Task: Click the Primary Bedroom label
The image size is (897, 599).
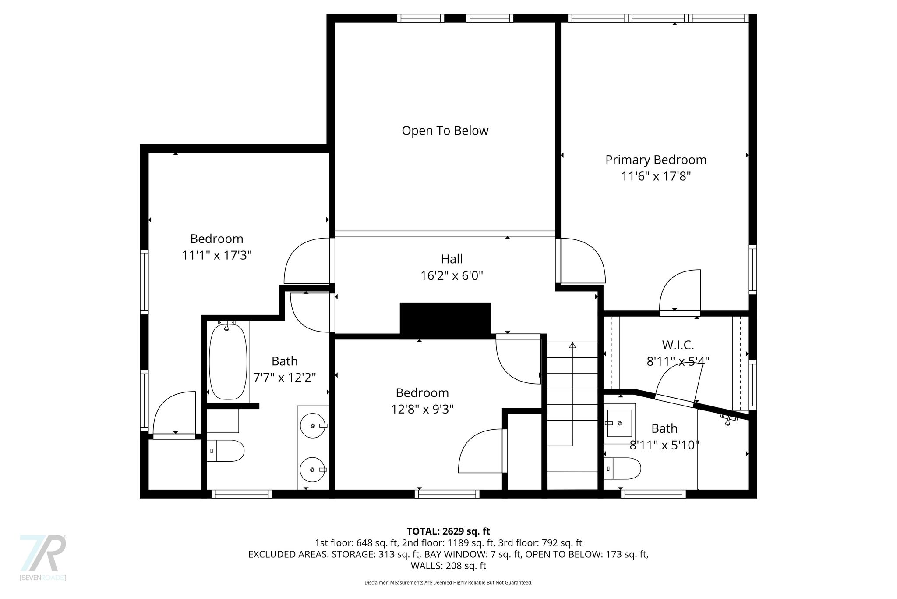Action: pos(656,160)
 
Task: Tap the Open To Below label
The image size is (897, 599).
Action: pos(445,131)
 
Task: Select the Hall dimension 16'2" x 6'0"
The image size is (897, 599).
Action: pos(452,276)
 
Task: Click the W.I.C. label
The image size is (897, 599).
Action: pos(678,345)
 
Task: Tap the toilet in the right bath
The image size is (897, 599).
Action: pos(622,469)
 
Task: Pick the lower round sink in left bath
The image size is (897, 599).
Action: pos(313,470)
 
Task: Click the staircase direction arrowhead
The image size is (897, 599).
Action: pos(572,345)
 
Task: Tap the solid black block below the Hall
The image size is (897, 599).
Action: pos(445,320)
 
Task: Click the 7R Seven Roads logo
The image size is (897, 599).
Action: pos(43,557)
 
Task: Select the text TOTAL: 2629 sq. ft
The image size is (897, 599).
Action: pos(448,531)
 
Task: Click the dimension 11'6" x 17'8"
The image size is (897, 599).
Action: pos(656,176)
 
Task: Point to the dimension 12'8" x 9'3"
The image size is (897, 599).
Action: pos(422,409)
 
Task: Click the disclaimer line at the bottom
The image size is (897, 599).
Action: pos(448,583)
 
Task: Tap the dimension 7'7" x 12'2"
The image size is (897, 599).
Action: pos(285,378)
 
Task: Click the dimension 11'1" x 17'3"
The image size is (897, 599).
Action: pos(217,255)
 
